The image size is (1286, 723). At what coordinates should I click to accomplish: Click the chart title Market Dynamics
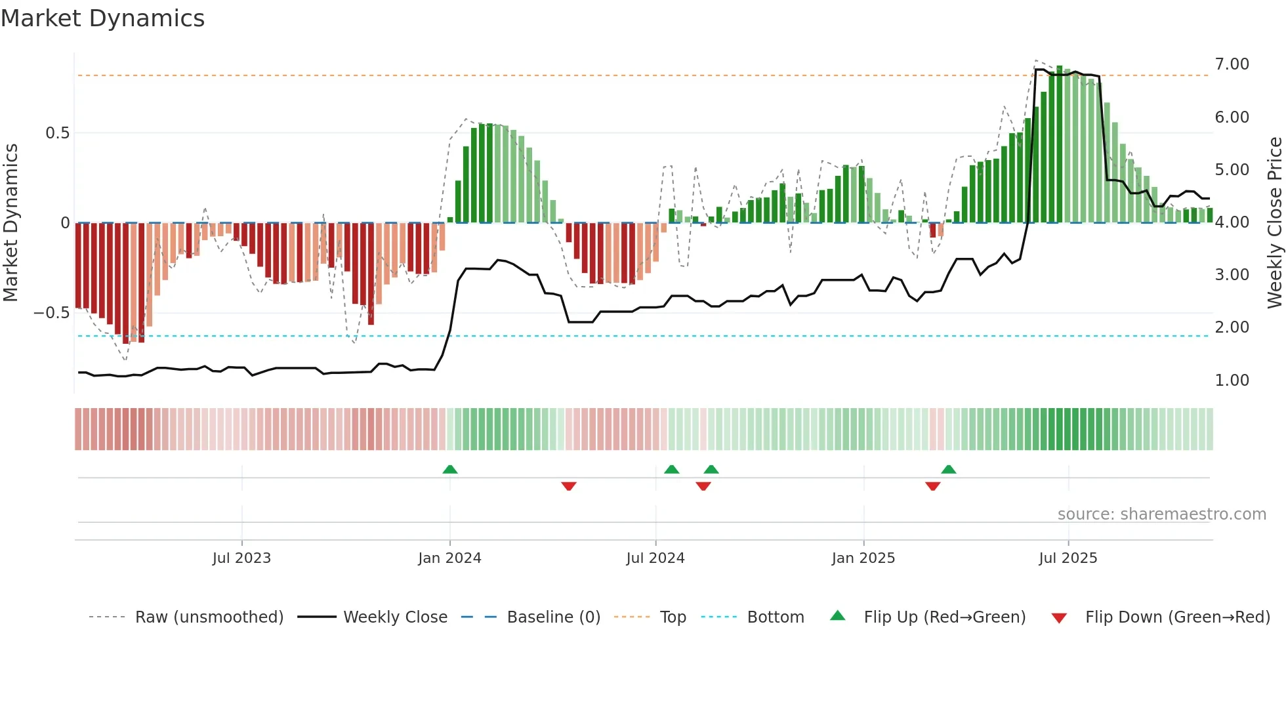point(103,18)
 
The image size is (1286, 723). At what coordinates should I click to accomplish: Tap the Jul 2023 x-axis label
point(241,558)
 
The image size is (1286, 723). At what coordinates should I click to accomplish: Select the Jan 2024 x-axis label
point(449,558)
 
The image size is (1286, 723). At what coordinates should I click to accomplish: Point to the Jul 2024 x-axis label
point(655,558)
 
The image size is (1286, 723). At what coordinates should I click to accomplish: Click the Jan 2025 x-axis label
point(863,558)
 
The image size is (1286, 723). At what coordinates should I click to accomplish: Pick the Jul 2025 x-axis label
point(1068,558)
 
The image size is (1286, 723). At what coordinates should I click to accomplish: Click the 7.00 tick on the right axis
point(1232,64)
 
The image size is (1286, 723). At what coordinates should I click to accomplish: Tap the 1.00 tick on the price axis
point(1232,381)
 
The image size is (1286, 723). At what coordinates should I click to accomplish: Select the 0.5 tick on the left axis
point(57,133)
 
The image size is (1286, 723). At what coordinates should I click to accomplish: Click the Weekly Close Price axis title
point(1274,222)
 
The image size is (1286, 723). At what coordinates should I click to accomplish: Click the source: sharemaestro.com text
point(1161,514)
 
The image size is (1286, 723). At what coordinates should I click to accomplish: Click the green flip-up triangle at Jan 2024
point(449,470)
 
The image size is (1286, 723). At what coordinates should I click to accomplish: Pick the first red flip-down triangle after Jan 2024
point(569,486)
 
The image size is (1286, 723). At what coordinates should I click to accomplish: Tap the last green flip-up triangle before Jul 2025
point(948,470)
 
